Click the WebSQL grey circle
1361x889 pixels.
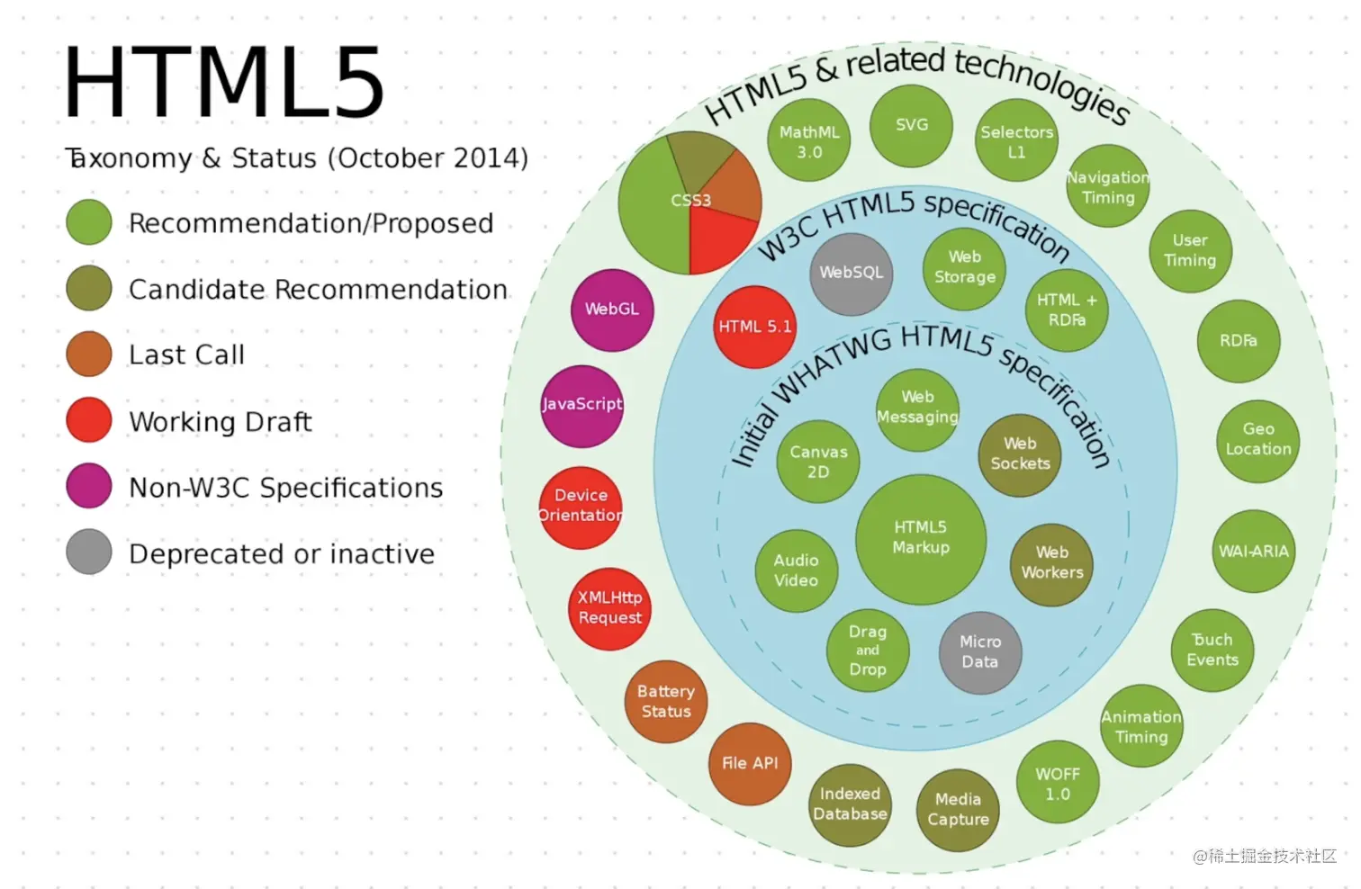click(851, 274)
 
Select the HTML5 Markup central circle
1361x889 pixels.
click(920, 538)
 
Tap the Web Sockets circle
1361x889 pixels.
click(1020, 454)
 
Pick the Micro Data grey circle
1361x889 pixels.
click(979, 652)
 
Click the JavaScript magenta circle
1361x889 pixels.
click(581, 406)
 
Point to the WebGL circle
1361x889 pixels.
click(612, 310)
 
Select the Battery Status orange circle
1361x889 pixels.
click(666, 702)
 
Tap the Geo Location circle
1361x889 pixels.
click(1257, 440)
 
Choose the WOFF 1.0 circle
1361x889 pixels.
click(1058, 783)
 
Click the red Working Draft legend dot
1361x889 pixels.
click(89, 420)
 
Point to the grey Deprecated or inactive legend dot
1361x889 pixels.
click(89, 552)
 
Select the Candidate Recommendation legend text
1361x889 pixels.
click(318, 290)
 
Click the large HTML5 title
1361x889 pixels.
click(224, 84)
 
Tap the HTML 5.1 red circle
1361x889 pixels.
click(754, 327)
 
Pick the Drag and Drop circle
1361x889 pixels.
click(868, 651)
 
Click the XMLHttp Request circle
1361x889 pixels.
click(609, 608)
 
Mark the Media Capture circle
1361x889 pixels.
click(958, 810)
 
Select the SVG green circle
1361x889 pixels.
click(911, 126)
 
